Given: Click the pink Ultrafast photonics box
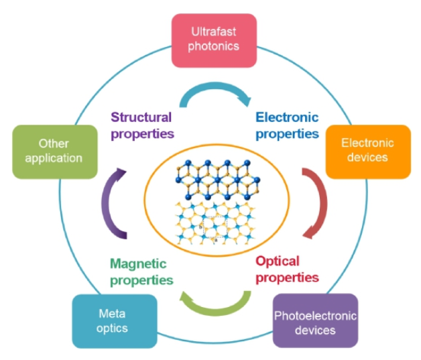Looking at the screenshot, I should [214, 40].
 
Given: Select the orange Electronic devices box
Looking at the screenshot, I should [367, 151].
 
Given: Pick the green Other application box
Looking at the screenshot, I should [53, 151].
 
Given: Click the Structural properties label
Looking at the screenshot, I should [141, 125].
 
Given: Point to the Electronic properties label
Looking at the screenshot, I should [287, 125].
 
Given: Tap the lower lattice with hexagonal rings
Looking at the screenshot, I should [213, 221].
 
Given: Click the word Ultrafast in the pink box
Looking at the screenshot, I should [214, 32].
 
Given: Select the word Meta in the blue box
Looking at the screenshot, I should [112, 314].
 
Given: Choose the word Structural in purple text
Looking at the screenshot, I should [141, 117].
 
